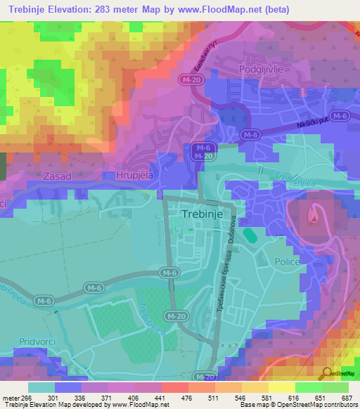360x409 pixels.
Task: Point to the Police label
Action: (x=288, y=261)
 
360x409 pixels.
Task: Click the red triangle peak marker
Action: (x=313, y=219)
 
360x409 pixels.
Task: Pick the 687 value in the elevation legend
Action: (x=345, y=398)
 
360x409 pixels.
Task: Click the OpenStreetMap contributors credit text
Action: (x=318, y=404)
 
